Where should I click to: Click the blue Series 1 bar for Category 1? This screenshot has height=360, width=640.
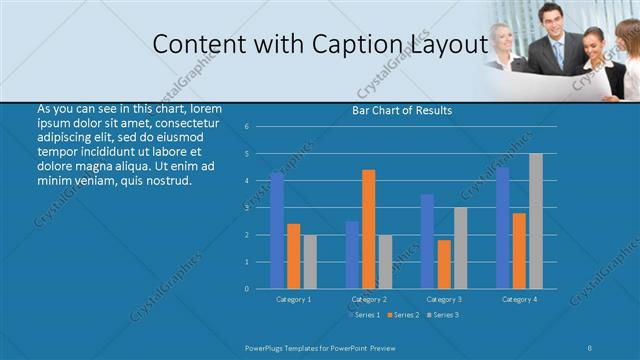pos(277,230)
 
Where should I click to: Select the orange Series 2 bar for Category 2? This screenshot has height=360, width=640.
pos(369,229)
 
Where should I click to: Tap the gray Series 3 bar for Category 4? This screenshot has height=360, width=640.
pos(536,221)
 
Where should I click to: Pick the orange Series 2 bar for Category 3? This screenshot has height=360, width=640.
pos(444,264)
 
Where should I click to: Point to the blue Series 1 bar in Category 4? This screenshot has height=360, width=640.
pos(503,228)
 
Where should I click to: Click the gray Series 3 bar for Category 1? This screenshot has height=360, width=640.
pos(310,261)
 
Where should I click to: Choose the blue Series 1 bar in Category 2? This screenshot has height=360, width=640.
pos(352,254)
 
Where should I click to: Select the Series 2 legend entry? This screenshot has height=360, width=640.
pos(403,315)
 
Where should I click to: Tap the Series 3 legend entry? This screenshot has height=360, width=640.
pos(442,315)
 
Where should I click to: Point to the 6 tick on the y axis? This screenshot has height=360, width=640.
pos(246,127)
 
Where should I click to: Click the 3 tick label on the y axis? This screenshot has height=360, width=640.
pos(246,208)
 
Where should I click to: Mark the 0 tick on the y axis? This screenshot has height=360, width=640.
pos(246,289)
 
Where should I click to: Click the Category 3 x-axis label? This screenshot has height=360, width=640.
pos(444,299)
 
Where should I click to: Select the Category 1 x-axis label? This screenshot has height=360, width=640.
pos(293,299)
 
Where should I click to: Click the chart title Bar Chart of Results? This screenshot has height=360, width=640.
pos(402,110)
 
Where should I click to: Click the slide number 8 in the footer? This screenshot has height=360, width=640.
pos(591,347)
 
